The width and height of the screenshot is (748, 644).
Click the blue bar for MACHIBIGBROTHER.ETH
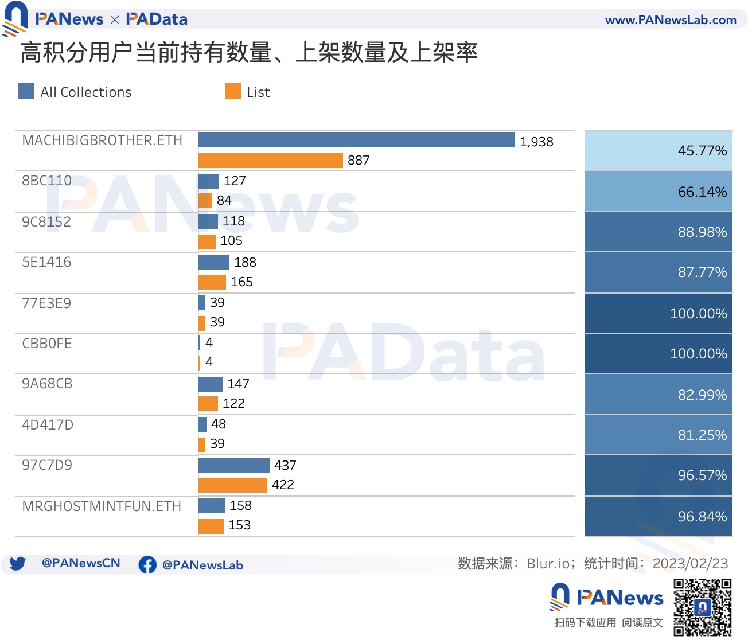point(356,140)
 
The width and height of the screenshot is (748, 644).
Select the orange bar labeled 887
point(270,161)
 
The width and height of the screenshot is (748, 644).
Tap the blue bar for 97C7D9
point(233,465)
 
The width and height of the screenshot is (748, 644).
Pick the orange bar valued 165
point(212,282)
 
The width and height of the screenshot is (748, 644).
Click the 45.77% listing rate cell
point(658,150)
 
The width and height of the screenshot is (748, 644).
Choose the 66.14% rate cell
point(658,192)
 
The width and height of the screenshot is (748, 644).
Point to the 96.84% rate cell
point(658,516)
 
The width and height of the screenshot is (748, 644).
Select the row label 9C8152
point(46,222)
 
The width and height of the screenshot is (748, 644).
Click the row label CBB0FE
point(47,344)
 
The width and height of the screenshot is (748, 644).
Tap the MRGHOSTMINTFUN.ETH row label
point(102,506)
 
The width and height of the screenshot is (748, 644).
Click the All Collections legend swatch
point(26,92)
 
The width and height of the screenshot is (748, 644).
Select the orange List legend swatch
point(233,92)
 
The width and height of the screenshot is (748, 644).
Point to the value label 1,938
point(536,142)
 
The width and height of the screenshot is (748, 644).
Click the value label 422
point(283,485)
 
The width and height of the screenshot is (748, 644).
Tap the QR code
point(702,607)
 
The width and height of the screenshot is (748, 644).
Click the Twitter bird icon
point(17,563)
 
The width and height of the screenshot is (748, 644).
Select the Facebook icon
point(147,565)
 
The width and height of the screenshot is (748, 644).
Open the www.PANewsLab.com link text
point(671,20)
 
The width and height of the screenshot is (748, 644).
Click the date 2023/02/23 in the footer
point(690,564)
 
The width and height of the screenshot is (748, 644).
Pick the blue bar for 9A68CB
point(210,384)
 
